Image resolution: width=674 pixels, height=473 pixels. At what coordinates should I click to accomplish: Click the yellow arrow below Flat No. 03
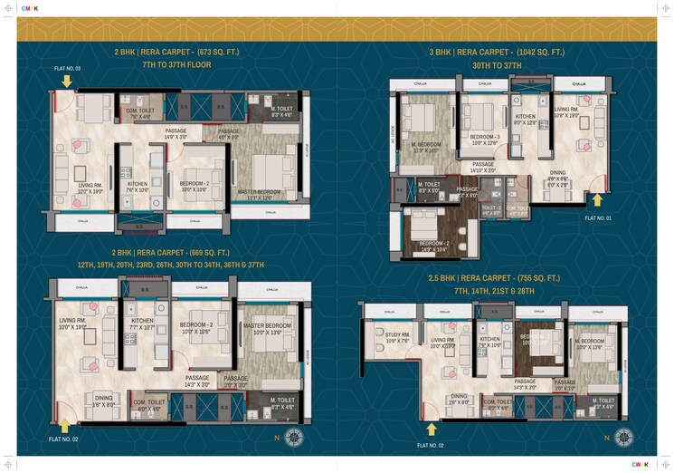(66, 82)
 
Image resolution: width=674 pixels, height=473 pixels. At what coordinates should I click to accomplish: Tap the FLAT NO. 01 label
(598, 218)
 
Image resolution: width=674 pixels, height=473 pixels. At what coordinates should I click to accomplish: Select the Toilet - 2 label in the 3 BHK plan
(491, 208)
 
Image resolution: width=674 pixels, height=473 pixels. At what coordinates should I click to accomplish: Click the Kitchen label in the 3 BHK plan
(526, 119)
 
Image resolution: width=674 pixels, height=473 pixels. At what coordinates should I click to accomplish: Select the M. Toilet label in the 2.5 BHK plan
(603, 401)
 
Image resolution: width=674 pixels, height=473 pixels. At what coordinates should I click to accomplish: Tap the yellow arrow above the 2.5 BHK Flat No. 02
(431, 428)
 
